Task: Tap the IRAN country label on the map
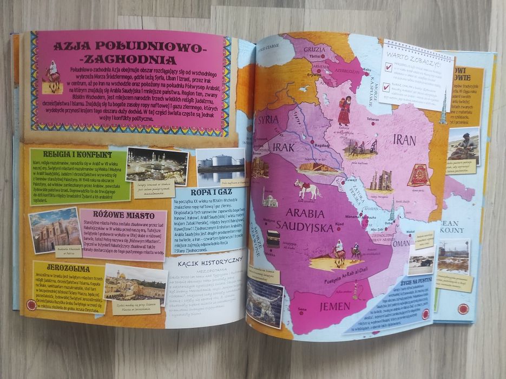click(404, 140)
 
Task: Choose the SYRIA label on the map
click(268, 119)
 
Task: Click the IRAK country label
click(284, 147)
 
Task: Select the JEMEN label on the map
click(334, 306)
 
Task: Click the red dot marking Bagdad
click(312, 142)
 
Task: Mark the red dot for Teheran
click(372, 123)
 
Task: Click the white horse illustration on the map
click(307, 189)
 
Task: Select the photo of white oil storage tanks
click(220, 165)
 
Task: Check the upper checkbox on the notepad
click(387, 67)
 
